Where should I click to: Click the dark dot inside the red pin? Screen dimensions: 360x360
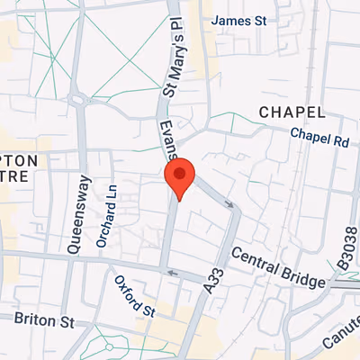[180, 173]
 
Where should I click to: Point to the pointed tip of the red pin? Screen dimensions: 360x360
[180, 200]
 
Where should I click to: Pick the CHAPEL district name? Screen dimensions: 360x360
[291, 112]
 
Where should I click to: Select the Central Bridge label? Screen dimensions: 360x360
[278, 268]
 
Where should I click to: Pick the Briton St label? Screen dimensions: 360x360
[42, 320]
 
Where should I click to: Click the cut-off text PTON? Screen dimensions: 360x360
[18, 160]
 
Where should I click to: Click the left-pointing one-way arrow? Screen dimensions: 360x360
[173, 274]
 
